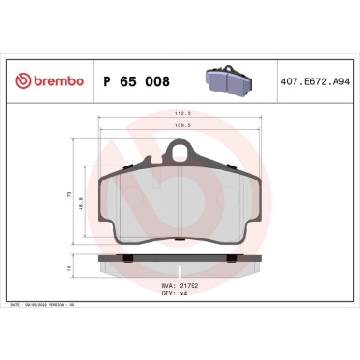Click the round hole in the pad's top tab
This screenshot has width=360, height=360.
180,151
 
